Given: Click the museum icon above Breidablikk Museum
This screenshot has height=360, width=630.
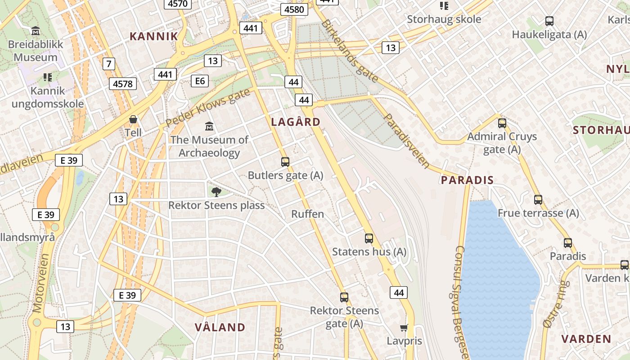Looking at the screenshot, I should click(x=36, y=31).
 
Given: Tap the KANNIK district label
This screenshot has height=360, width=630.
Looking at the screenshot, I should click(x=154, y=36).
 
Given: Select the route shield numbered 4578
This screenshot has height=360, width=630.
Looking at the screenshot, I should click(x=123, y=84).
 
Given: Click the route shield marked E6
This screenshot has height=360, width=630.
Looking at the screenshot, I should click(x=200, y=81).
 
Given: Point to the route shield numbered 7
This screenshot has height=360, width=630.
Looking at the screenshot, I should click(x=108, y=64).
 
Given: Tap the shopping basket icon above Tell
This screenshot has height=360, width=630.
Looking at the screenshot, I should click(x=133, y=120).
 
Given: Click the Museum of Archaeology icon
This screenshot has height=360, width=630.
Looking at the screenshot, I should click(x=209, y=126).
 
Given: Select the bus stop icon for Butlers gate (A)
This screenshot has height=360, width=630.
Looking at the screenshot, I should click(x=285, y=162).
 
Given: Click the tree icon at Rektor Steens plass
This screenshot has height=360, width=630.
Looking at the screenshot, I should click(x=216, y=192).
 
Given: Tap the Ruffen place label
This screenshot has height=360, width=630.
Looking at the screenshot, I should click(x=308, y=214).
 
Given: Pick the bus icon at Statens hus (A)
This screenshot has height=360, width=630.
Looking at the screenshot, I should click(x=369, y=238).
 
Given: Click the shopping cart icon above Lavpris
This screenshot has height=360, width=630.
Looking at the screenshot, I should click(x=404, y=328).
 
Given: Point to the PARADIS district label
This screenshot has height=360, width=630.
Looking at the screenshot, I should click(x=467, y=180).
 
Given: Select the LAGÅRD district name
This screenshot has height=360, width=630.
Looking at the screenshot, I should click(x=296, y=122).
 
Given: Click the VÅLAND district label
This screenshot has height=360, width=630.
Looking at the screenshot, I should click(x=220, y=327).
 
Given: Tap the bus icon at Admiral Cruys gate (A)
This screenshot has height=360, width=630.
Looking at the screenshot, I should click(x=502, y=123).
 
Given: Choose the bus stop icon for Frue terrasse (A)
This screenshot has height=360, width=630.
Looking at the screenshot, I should click(x=538, y=199).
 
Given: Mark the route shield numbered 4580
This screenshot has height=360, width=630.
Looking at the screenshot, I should click(x=294, y=9).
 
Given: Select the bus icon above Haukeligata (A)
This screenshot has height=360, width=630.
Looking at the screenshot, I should click(x=549, y=21).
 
